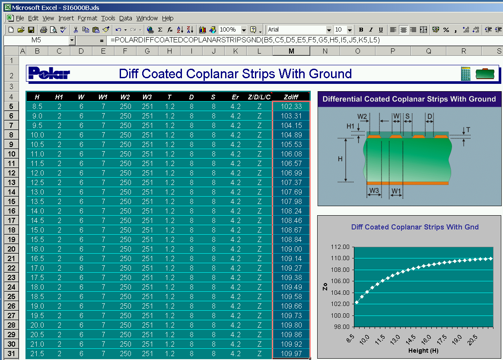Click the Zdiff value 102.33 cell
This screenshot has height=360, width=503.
coord(291,106)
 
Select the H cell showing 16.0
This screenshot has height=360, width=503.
coord(37,249)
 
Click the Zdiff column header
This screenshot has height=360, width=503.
coord(291,97)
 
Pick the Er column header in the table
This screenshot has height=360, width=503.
coord(236,97)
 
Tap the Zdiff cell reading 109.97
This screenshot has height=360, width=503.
coord(291,354)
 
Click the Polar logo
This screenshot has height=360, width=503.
coord(49,73)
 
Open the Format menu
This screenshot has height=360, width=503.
coord(87,18)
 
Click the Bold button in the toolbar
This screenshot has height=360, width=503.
coord(361,30)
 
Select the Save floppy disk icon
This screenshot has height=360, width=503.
coord(31,30)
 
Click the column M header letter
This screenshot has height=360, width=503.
coord(291,51)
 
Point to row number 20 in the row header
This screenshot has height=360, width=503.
coord(11,249)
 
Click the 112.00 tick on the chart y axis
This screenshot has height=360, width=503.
coord(340,247)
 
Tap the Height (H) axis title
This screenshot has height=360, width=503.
coord(423,350)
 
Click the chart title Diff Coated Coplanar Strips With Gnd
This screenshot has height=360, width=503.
coord(415,227)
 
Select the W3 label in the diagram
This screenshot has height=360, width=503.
coord(374,190)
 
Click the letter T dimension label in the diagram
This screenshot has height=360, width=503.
coord(468,130)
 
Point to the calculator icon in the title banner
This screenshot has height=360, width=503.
coord(465,73)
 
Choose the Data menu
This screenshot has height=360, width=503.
coord(125,18)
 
